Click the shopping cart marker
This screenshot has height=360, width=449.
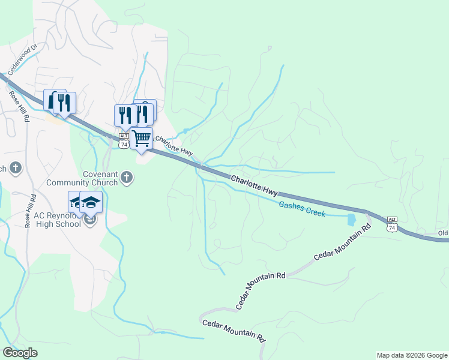coord(142,139)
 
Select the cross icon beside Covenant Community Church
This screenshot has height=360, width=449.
coord(125,176)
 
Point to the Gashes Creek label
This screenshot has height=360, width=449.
coord(302,209)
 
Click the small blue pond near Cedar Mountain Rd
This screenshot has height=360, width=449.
coord(351,220)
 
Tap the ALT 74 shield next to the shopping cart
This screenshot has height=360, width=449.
coord(124,141)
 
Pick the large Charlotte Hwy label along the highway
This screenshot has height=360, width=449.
coord(255,184)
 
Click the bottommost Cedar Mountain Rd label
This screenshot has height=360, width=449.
coord(234,331)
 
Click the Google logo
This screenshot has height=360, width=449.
coord(20,352)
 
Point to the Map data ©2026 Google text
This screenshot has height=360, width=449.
coord(411,355)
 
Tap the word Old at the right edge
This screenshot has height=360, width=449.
coord(442,233)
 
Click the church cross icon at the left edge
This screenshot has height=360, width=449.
coord(16,168)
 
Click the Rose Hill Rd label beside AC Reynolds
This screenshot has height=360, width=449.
coord(29,209)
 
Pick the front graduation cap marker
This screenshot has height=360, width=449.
coord(91,202)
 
